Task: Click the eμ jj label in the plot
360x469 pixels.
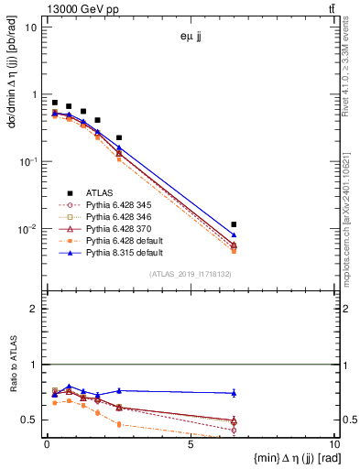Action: [x=191, y=38]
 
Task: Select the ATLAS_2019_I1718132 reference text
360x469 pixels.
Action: [x=191, y=274]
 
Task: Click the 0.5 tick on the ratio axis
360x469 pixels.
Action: [x=32, y=420]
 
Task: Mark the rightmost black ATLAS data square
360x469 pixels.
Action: [x=235, y=224]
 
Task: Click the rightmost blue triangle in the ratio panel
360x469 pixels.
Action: [x=235, y=393]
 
